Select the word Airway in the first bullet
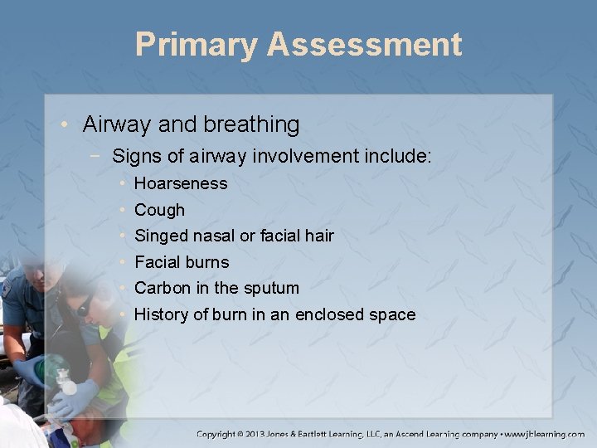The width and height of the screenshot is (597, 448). pos(114,124)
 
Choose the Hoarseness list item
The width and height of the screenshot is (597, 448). pos(181,183)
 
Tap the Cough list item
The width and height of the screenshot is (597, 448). pos(159,210)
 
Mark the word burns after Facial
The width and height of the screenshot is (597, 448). pos(206,262)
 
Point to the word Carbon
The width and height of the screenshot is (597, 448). pos(162,288)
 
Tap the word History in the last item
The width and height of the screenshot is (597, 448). pos(160,314)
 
